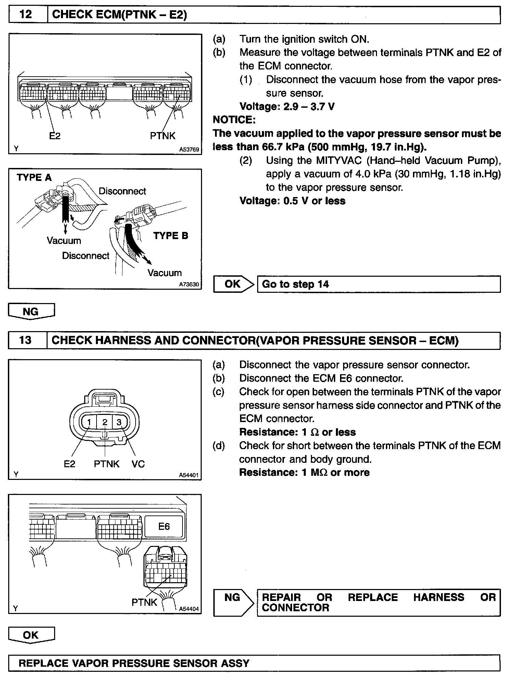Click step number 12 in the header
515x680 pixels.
pos(26,14)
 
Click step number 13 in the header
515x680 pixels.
pos(26,340)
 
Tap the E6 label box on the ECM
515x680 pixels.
pos(164,526)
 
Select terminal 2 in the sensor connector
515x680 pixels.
pos(105,422)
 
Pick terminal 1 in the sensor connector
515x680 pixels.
pos(89,422)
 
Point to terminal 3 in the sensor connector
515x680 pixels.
pos(119,422)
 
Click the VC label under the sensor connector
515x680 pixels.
pos(138,464)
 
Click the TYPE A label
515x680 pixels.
pos(34,178)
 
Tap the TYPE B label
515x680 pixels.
pos(171,236)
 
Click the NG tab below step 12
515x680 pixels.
pos(31,311)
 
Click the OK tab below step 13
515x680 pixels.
pos(31,635)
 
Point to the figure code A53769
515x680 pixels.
pos(189,149)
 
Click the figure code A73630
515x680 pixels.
pos(189,284)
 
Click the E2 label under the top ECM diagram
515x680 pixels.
pos(55,136)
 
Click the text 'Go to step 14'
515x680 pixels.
pos(295,284)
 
